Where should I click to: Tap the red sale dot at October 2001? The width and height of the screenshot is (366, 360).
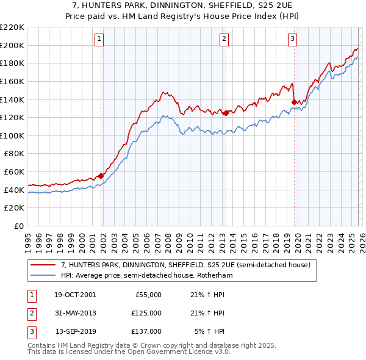click(101, 176)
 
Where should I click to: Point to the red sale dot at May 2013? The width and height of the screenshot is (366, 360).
click(226, 112)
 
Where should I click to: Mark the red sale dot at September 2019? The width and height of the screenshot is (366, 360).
click(294, 102)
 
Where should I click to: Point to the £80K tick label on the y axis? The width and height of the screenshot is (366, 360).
click(15, 154)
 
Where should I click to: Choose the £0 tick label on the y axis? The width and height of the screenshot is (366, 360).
click(20, 226)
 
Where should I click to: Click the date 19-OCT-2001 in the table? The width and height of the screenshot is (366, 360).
click(75, 295)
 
